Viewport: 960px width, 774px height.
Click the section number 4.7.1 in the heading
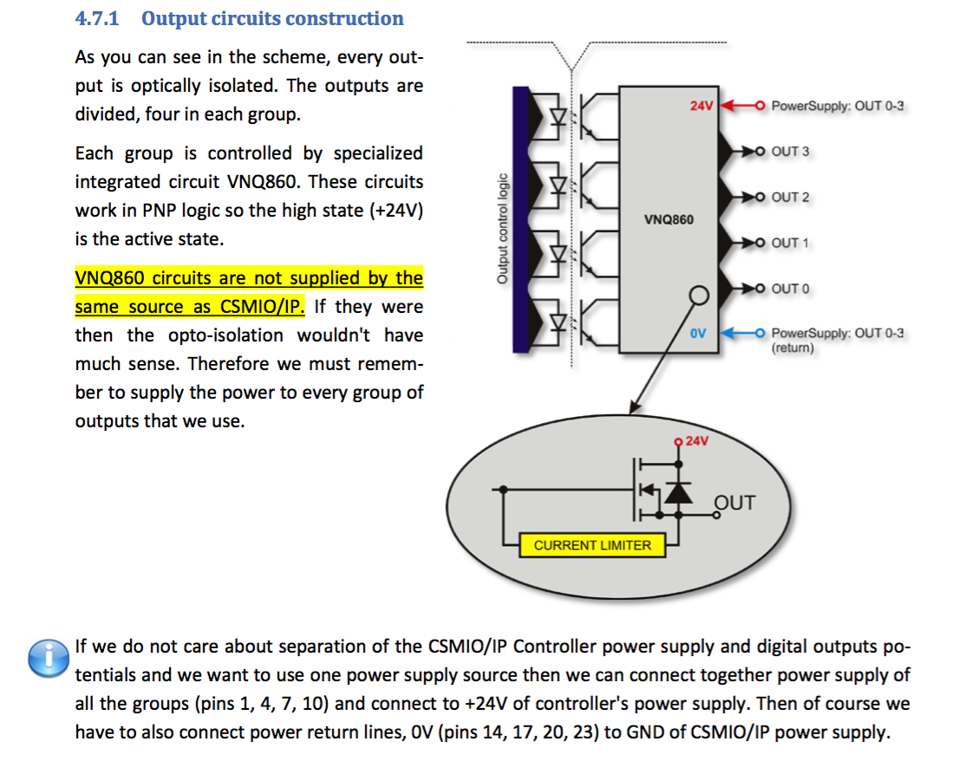101,18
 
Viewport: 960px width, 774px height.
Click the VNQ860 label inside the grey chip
669,220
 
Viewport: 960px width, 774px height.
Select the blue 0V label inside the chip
701,334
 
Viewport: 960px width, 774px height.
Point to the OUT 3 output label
790,152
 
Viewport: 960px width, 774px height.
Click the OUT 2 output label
790,198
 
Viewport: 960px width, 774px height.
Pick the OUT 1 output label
790,243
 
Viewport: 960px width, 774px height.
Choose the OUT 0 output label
790,289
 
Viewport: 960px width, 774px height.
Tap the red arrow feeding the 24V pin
735,107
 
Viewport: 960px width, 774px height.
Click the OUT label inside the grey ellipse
734,504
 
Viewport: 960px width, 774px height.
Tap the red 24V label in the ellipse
696,441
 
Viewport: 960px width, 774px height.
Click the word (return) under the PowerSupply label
793,348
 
